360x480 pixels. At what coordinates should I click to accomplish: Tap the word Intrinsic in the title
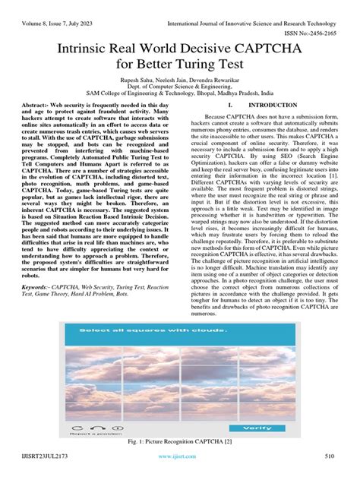coord(84,51)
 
